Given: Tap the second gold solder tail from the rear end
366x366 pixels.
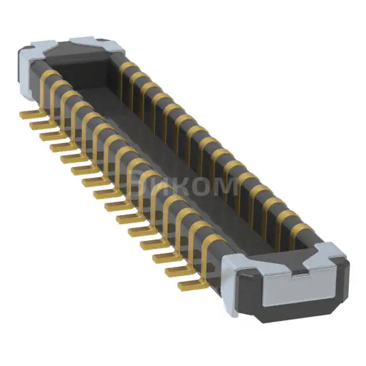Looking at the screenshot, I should tap(38, 125).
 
